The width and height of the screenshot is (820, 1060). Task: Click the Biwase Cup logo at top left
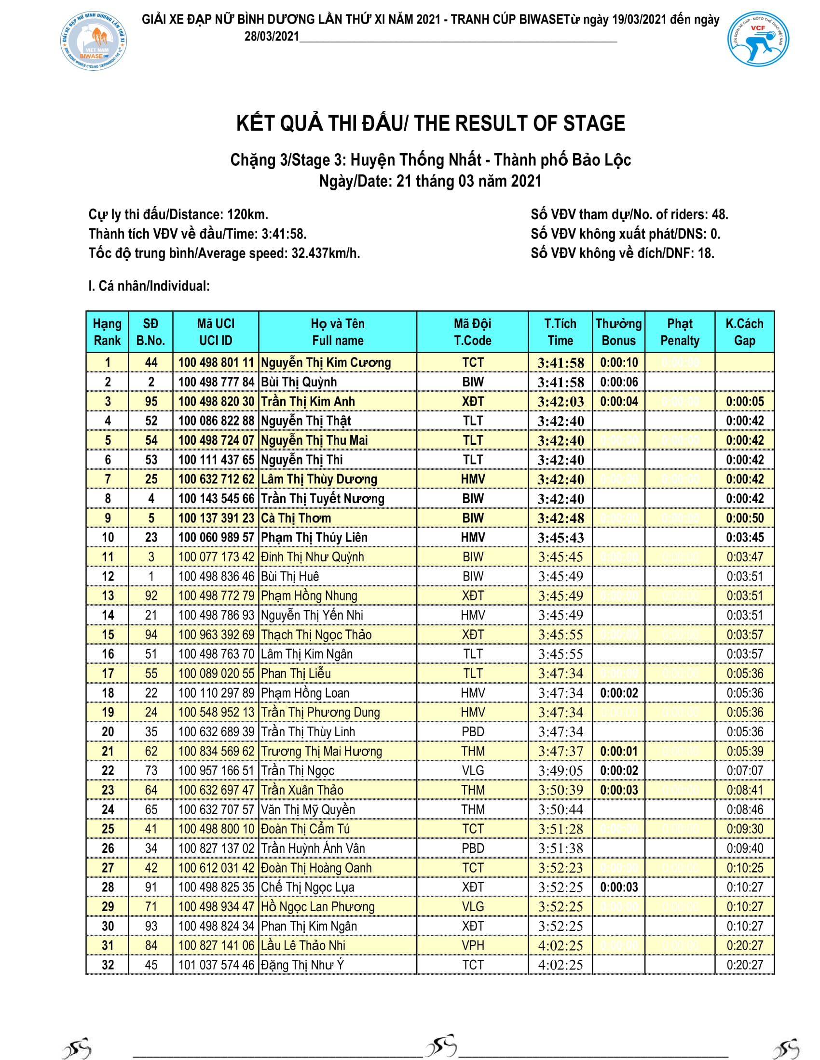tap(94, 42)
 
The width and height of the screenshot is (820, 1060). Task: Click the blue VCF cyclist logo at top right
tap(757, 40)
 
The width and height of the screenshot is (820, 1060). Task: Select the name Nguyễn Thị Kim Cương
tap(326, 362)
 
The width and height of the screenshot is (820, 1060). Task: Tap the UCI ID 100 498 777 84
tap(216, 382)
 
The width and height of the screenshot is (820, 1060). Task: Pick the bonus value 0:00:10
tap(618, 362)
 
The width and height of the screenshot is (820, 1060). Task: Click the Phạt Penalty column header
tap(679, 332)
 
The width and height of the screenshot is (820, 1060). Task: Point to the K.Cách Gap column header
tap(744, 332)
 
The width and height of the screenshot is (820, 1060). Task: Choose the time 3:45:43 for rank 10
tap(560, 538)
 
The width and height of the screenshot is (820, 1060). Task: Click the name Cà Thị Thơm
tap(296, 518)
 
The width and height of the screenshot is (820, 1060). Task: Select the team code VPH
tap(472, 945)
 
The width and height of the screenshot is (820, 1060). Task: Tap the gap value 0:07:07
tap(745, 771)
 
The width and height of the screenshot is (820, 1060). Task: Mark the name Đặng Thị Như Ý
tap(302, 965)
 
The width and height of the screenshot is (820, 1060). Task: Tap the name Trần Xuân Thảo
tap(301, 790)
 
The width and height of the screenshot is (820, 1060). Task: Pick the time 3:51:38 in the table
tap(560, 848)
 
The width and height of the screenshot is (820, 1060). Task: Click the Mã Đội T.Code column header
tap(472, 332)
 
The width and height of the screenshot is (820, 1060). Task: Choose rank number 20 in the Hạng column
tap(108, 732)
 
